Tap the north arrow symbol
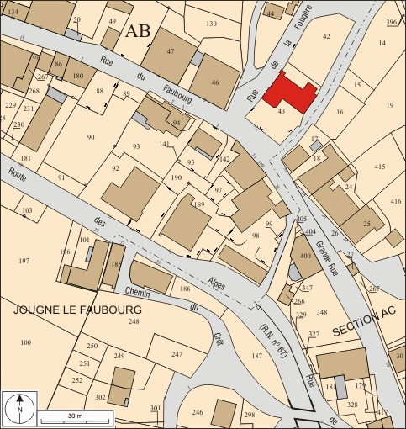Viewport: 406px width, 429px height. click(x=18, y=409)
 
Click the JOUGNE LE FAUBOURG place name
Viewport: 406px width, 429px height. click(x=77, y=310)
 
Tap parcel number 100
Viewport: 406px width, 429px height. click(x=25, y=342)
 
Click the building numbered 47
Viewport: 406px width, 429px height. click(x=170, y=52)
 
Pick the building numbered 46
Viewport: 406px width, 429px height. click(x=215, y=82)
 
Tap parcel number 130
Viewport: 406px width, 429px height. click(x=211, y=24)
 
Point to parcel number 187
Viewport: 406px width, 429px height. click(x=256, y=357)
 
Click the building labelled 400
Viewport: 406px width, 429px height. click(x=304, y=255)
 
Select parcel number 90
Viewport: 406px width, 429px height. click(x=90, y=136)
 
